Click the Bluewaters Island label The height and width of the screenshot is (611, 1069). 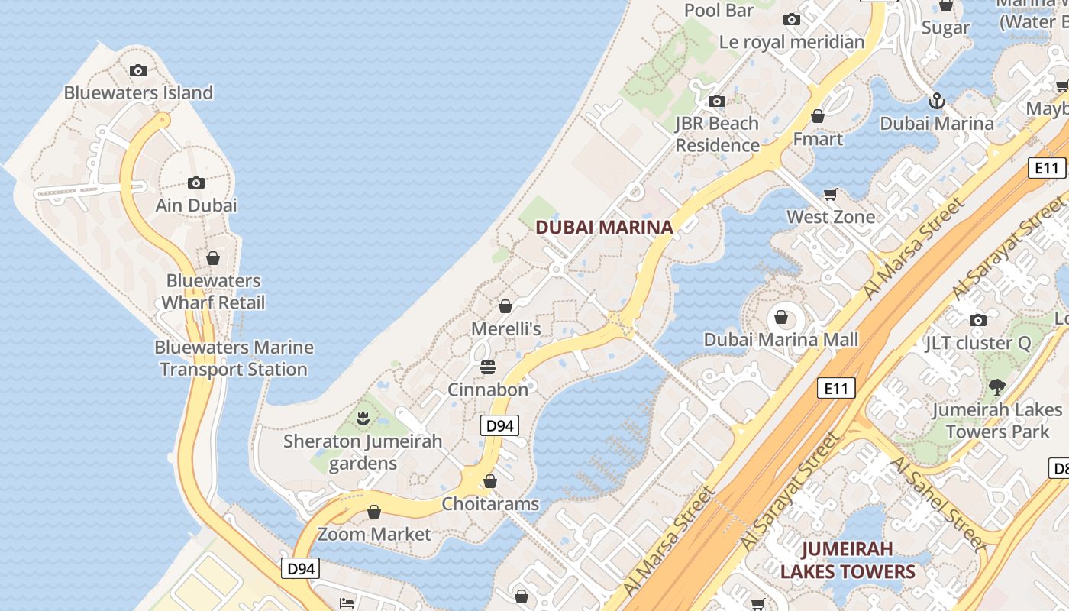click(x=138, y=93)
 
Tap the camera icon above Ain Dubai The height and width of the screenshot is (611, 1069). click(x=196, y=183)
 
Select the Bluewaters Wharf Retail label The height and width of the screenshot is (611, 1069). click(x=213, y=292)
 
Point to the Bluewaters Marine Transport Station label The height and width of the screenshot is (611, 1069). click(x=234, y=358)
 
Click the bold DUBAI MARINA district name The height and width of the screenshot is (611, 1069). click(x=604, y=227)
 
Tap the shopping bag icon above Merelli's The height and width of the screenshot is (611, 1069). click(x=505, y=307)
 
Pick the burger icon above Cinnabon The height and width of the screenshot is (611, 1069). click(x=488, y=367)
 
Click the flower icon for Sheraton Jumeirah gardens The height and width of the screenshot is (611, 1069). click(x=363, y=418)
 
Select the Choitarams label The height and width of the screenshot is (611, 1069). click(x=490, y=504)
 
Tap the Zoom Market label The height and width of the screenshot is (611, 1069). click(x=374, y=534)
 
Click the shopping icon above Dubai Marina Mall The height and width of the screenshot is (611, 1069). click(x=781, y=317)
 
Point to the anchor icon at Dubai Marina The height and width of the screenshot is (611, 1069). click(x=936, y=101)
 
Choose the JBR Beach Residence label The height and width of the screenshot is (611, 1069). click(x=717, y=134)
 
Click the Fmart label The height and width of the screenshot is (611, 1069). click(x=818, y=139)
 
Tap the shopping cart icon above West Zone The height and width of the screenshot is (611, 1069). click(x=831, y=195)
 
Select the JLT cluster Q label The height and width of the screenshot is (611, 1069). click(x=978, y=343)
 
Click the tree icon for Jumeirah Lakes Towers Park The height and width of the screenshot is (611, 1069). click(x=996, y=387)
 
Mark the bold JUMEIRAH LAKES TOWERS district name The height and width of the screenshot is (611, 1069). click(x=848, y=560)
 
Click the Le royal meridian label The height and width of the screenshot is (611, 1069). click(x=792, y=42)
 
